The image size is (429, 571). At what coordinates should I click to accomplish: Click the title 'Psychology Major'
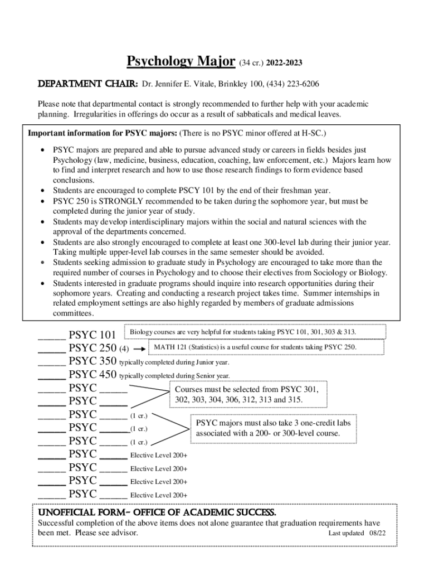pyautogui.click(x=181, y=61)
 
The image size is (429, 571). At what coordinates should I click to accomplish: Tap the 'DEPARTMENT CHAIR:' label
pyautogui.click(x=87, y=84)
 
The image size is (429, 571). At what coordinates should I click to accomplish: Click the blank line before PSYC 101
pyautogui.click(x=51, y=336)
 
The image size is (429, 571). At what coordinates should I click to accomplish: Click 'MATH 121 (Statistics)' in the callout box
pyautogui.click(x=191, y=347)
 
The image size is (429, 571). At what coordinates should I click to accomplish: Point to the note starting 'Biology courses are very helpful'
pyautogui.click(x=243, y=332)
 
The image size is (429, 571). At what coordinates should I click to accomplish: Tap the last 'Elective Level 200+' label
pyautogui.click(x=159, y=495)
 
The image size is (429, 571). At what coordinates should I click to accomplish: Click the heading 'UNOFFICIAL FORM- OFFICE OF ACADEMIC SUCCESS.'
pyautogui.click(x=157, y=512)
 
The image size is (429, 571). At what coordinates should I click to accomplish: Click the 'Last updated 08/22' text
pyautogui.click(x=357, y=533)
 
